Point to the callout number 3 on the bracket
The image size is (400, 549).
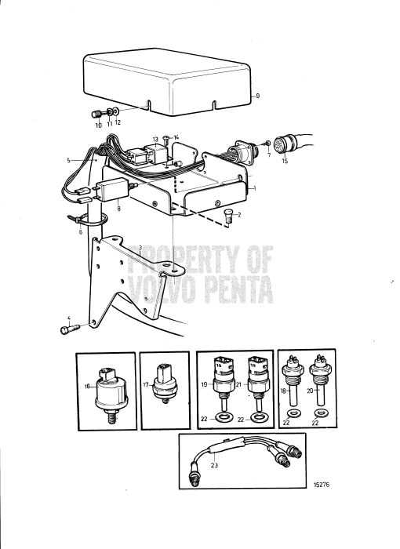[139, 248]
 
